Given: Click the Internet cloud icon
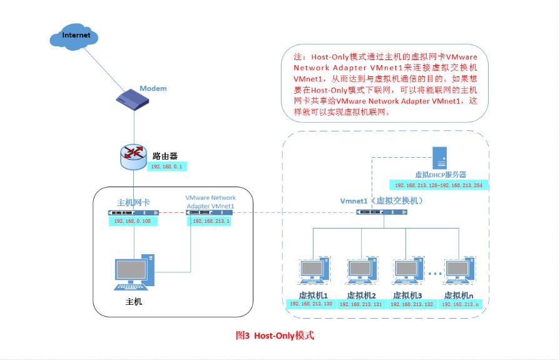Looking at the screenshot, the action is [x=74, y=36].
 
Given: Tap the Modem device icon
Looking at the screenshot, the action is [x=133, y=100].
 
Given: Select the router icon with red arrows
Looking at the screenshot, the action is [x=133, y=157].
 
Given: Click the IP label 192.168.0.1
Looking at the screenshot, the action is [x=167, y=167].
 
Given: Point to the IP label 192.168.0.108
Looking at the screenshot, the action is [x=133, y=221].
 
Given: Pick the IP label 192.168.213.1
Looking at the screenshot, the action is [x=210, y=221].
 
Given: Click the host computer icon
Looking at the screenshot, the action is [x=135, y=272].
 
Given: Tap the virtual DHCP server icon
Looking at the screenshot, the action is [x=440, y=158].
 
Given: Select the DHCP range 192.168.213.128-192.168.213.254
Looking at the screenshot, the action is [x=439, y=185].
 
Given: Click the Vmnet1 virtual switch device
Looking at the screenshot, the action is [x=382, y=212].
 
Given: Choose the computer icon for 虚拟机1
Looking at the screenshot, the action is [x=314, y=270].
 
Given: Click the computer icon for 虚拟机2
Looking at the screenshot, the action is [x=362, y=270].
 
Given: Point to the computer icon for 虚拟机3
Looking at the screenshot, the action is [x=409, y=270].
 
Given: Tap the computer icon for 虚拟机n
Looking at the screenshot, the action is [x=460, y=270].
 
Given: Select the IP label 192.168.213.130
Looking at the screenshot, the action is [x=311, y=304].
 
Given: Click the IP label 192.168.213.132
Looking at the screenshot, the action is [x=412, y=304].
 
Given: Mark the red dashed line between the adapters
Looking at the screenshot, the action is [x=172, y=213].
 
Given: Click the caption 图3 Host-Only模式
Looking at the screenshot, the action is [x=275, y=336].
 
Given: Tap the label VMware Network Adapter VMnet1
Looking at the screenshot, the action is [x=210, y=202].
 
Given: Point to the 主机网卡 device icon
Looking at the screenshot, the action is [x=133, y=213].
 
